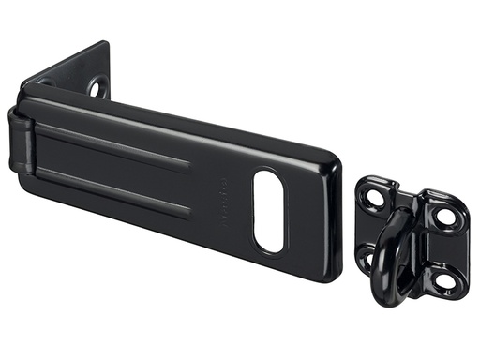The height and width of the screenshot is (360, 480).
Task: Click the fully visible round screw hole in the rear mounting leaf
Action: pos(97,88)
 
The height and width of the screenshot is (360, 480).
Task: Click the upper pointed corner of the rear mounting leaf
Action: pos(104,43)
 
